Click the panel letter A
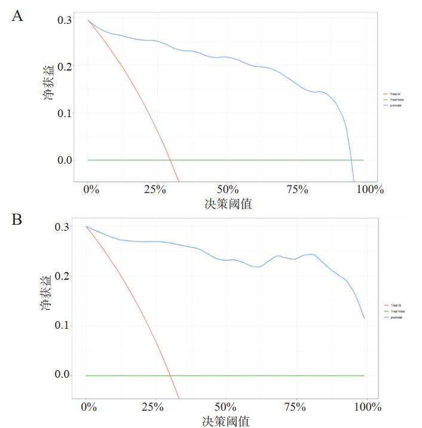click(17, 16)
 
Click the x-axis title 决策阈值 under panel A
click(228, 204)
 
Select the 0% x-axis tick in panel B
click(88, 407)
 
